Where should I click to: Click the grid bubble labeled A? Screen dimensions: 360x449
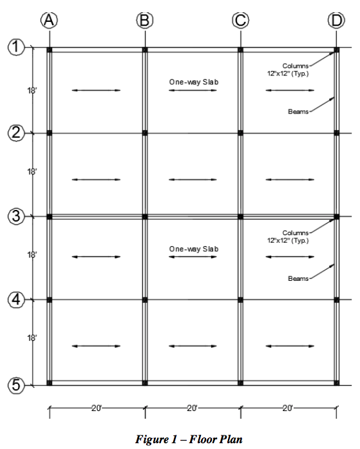(49, 21)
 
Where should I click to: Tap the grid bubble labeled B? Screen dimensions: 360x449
(145, 21)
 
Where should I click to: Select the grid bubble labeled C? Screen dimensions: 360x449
(240, 21)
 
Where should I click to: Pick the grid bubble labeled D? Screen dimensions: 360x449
(336, 21)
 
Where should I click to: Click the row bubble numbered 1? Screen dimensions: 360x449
(16, 47)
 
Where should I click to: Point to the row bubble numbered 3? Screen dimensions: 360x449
(16, 216)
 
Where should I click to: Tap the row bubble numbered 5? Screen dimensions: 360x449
(16, 385)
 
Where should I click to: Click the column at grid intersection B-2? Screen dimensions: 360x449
(145, 133)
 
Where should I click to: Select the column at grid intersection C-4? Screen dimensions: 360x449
(240, 300)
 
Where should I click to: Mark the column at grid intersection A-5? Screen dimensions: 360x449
(50, 383)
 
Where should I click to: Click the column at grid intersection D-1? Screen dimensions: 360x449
(337, 50)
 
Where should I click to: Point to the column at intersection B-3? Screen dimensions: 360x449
(145, 216)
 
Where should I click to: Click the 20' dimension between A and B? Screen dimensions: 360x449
(97, 408)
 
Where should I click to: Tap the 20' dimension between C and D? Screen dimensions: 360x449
(288, 408)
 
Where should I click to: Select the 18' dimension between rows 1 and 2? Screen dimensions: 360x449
(32, 91)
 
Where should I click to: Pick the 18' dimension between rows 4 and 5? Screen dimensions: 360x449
(32, 338)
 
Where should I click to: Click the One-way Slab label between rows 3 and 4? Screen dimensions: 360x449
(194, 249)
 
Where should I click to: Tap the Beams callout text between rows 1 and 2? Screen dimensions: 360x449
(298, 111)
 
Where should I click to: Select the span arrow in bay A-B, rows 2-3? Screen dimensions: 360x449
(96, 180)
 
